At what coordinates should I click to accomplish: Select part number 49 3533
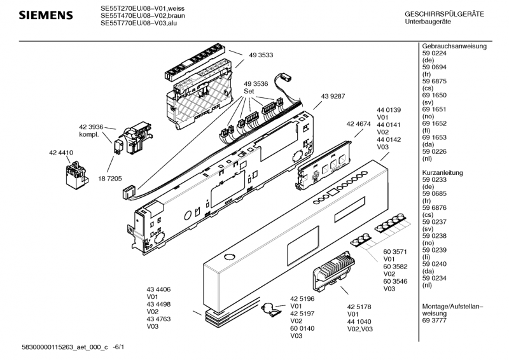click(261, 55)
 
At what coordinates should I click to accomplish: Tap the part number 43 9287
click(333, 96)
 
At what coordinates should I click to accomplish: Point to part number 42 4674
click(359, 124)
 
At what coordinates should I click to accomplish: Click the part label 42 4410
click(61, 153)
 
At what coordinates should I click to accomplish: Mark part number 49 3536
click(256, 83)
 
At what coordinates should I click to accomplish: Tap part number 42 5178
click(359, 307)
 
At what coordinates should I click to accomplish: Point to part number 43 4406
click(159, 289)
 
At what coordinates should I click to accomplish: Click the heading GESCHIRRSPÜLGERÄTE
click(444, 14)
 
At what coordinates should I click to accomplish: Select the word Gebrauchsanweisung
click(454, 46)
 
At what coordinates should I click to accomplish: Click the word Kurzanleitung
click(446, 173)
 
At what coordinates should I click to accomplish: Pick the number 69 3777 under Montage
click(435, 321)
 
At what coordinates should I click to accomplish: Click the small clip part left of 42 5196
click(272, 310)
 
